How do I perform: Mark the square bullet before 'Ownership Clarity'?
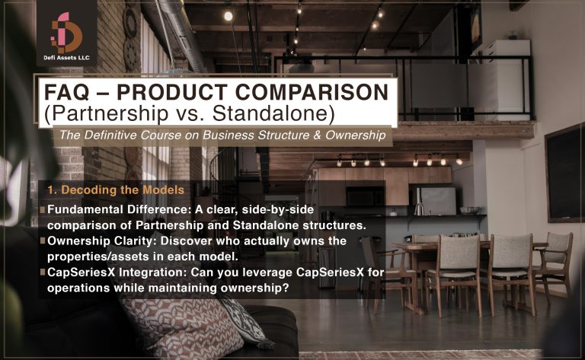[x=43, y=241]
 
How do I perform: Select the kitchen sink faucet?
[x=418, y=207]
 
